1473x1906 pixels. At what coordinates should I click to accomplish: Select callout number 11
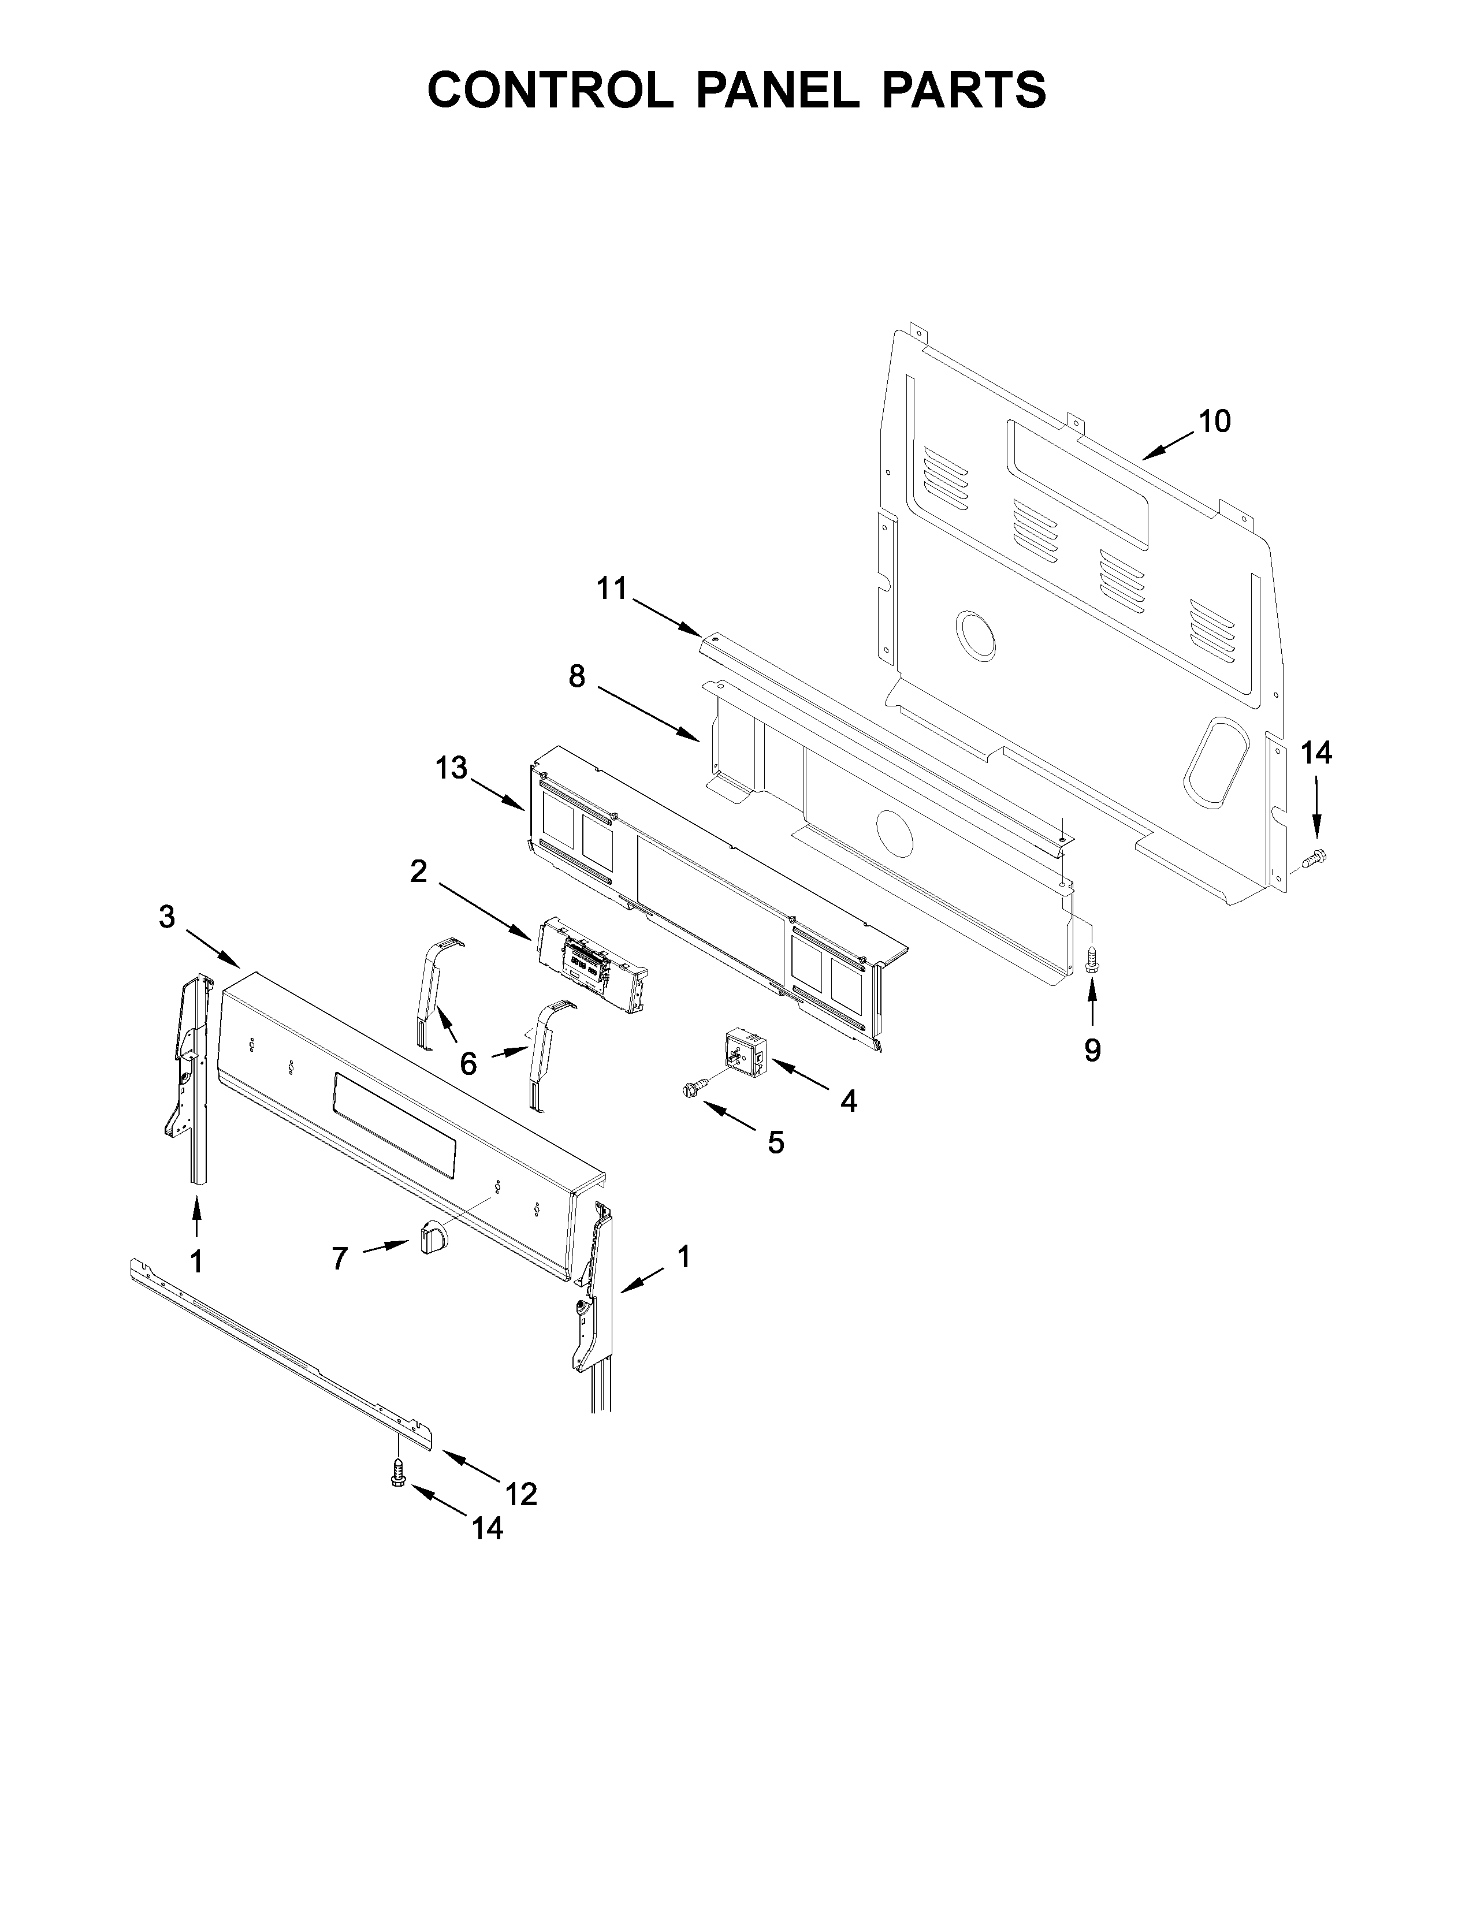point(612,589)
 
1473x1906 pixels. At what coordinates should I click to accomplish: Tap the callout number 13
point(452,768)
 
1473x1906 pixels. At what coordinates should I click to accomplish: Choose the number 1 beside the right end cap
point(683,1257)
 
